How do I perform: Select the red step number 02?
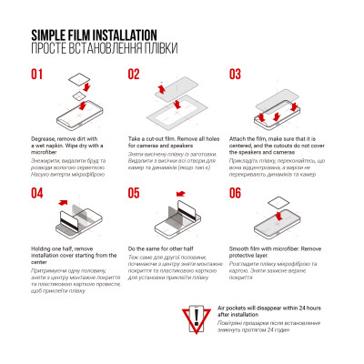click(134, 75)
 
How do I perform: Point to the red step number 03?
click(235, 75)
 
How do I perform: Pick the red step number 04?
click(38, 192)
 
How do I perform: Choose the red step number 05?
click(134, 192)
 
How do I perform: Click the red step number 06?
click(235, 192)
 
